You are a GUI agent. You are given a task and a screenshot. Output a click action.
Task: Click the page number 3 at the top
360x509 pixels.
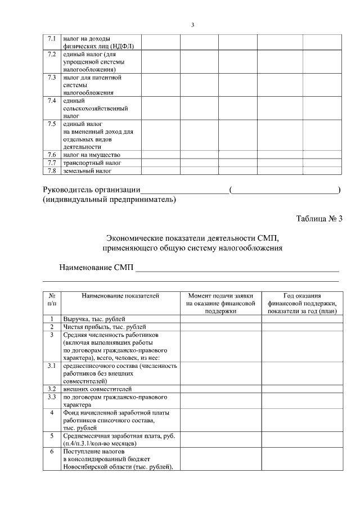[192, 25]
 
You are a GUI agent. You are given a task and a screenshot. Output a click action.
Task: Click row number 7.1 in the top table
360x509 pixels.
[52, 39]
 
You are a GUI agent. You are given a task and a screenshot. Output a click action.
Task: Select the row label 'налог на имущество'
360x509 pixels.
[92, 154]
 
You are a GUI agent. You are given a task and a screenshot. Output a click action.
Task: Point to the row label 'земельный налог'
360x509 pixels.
[87, 170]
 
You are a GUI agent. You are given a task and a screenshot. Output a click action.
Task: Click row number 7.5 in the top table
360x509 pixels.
[52, 123]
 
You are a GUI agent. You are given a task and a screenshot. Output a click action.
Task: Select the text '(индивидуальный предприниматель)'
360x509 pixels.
[110, 199]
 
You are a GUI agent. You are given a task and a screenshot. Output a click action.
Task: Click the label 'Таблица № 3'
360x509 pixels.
[318, 219]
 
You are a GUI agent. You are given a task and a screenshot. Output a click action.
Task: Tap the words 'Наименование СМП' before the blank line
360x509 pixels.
[96, 267]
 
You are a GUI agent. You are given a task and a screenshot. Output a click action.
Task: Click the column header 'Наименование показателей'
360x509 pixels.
[120, 295]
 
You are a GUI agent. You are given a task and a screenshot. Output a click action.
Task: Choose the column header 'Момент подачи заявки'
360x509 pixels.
[220, 295]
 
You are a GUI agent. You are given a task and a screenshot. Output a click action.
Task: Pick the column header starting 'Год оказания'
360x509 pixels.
[302, 295]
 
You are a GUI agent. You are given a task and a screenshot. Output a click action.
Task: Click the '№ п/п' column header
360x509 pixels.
[52, 299]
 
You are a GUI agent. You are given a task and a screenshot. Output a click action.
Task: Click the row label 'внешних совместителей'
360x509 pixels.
[97, 389]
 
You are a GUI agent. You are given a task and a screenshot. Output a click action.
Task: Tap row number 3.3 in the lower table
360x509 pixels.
[52, 397]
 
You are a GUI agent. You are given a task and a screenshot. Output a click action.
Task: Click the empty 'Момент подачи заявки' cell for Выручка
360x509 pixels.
[220, 319]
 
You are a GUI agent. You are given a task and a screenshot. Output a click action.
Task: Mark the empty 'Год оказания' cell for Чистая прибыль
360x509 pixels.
[302, 327]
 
